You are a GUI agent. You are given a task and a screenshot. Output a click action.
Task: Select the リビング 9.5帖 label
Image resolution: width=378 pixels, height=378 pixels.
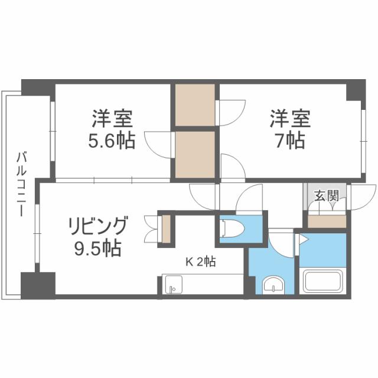[x=97, y=237]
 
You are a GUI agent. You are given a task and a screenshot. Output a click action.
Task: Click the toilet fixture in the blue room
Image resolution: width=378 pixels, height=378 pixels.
[x=232, y=229]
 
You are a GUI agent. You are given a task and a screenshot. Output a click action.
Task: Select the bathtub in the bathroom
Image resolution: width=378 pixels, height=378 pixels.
[x=324, y=281]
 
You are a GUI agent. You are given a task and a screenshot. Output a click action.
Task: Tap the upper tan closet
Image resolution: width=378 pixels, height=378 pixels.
[x=195, y=105]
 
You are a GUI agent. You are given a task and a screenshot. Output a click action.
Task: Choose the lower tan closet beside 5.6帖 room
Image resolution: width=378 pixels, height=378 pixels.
[x=195, y=154]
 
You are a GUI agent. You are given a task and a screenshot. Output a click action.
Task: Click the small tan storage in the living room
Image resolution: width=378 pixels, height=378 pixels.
[x=166, y=228]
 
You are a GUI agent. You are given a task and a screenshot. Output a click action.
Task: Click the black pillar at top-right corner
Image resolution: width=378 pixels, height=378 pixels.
[x=356, y=90]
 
